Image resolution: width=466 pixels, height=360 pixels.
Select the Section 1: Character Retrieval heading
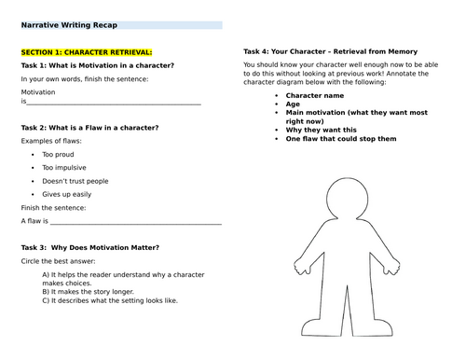click(x=85, y=51)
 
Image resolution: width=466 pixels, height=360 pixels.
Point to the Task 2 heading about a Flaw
click(x=89, y=127)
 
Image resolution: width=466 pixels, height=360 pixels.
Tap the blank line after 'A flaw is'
click(x=135, y=222)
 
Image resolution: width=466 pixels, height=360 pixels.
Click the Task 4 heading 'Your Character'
click(x=330, y=50)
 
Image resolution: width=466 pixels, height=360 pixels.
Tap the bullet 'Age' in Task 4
click(x=293, y=104)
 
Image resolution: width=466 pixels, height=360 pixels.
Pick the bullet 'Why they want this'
click(x=320, y=130)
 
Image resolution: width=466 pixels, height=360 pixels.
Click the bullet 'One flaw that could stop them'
click(x=341, y=138)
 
